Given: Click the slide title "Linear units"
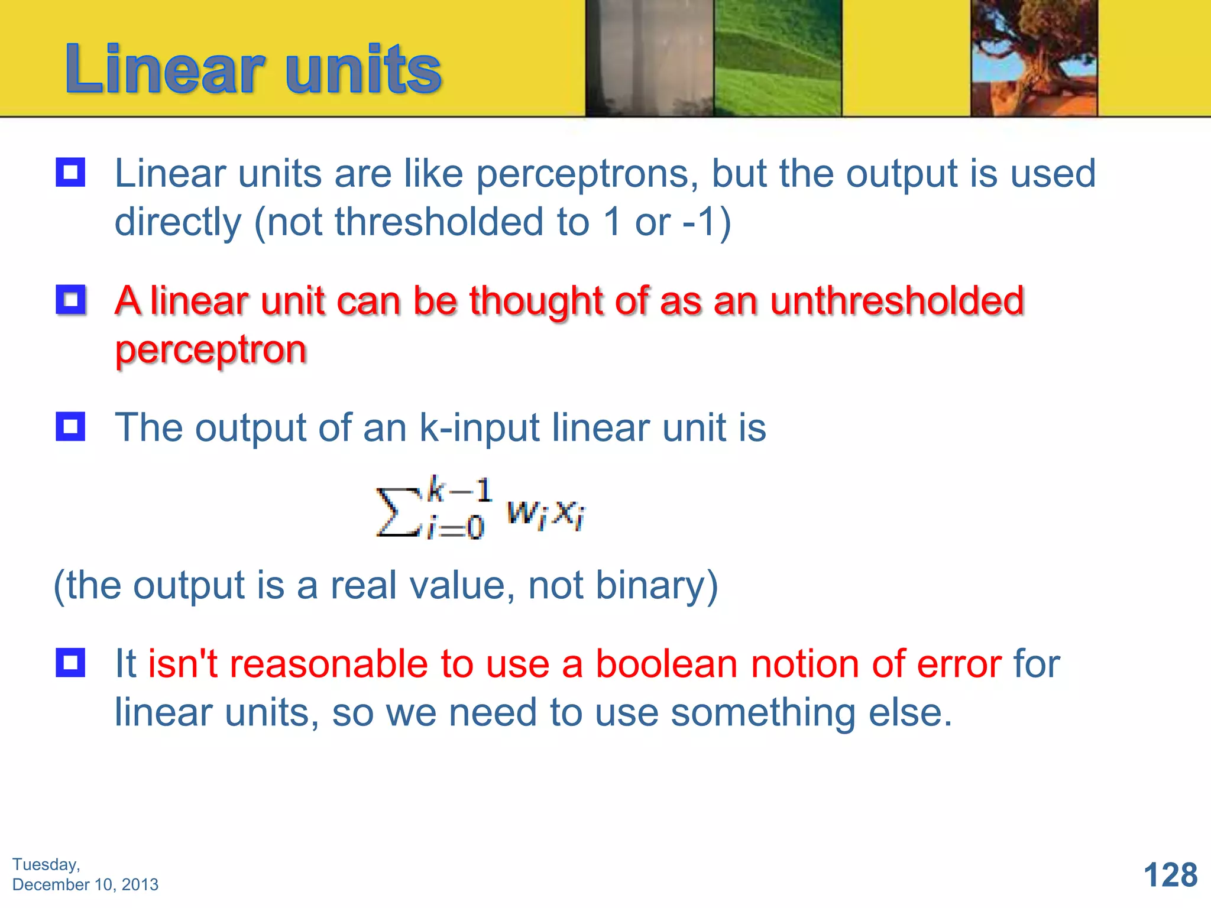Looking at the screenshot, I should point(253,70).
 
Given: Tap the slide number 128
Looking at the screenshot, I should point(1170,875).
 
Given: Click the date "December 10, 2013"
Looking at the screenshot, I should point(85,884).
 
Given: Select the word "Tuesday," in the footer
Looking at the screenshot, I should point(46,864).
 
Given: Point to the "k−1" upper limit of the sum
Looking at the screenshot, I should point(460,490).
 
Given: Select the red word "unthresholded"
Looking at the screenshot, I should point(897,301).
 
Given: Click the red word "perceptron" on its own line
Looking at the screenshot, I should point(211,349).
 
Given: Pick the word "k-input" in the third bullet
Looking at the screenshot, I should point(479,427).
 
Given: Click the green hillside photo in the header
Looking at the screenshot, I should point(777,58).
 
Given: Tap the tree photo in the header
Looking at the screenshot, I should point(1034,58).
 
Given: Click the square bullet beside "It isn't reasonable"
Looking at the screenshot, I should point(70,663).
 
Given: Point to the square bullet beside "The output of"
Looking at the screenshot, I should point(70,426).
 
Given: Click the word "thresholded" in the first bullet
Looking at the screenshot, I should point(439,222).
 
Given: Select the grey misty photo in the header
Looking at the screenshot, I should point(649,58).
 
